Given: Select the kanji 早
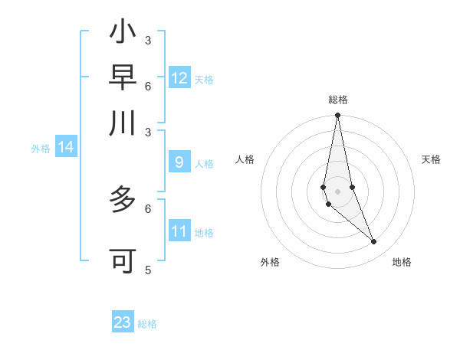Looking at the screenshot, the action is coord(123,77).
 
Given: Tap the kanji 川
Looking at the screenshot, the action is coord(123,123).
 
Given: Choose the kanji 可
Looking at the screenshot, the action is coord(123,261).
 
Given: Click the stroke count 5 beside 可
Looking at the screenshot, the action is coord(147,270).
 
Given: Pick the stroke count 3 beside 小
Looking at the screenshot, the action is coord(147,40).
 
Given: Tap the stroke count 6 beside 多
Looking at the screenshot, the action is coord(147,208).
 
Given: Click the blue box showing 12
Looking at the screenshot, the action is coord(179,77).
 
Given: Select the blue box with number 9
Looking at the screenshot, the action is coord(179,162).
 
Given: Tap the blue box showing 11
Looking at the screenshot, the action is coord(179,231).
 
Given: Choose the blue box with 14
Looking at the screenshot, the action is coord(66,147).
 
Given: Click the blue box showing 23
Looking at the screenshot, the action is coord(123,322).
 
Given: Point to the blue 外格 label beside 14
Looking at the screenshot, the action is coord(41,149).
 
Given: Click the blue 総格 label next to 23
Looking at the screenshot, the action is coord(147,324).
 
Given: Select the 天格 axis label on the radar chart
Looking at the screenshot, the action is coord(432,159).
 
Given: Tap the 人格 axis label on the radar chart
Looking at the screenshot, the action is coord(245,159).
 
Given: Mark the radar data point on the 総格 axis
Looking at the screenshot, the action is coord(337,116).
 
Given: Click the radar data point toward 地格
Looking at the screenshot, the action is coord(374,242).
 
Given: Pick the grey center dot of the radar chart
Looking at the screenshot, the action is coord(337,191).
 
